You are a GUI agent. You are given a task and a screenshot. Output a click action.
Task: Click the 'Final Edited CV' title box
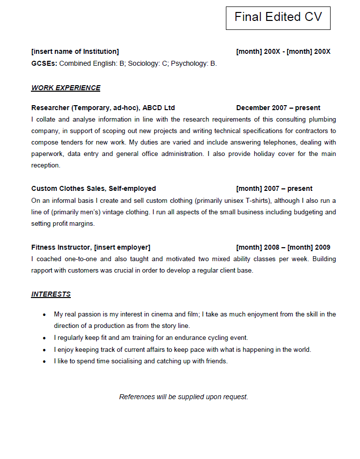pos(278,17)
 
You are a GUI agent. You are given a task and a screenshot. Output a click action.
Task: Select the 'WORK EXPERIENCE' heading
pos(66,88)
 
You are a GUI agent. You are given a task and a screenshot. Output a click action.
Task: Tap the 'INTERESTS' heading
pos(51,294)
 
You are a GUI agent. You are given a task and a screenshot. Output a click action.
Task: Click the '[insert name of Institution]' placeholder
pos(75,52)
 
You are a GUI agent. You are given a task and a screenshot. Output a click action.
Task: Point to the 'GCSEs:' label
pos(44,64)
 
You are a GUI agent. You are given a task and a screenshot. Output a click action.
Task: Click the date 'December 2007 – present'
pos(278,108)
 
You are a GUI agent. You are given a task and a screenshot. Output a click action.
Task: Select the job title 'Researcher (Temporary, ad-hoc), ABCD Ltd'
pos(103,108)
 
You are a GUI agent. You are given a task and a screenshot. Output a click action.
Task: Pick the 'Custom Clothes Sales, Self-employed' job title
pos(93,189)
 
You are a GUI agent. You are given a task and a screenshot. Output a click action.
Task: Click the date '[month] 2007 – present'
pos(274,189)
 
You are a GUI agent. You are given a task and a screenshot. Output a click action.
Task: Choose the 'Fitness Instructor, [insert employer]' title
pos(90,248)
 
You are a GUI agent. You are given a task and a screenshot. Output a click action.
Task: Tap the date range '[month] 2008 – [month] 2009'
pos(283,248)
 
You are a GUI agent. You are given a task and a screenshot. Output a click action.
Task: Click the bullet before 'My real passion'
pos(44,315)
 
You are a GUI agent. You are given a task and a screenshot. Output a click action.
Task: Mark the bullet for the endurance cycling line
pos(44,338)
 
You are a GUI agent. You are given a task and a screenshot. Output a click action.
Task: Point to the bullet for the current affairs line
pos(44,350)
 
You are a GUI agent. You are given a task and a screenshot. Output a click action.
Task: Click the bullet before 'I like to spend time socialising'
pos(44,361)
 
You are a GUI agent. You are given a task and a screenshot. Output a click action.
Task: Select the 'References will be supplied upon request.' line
pos(183,397)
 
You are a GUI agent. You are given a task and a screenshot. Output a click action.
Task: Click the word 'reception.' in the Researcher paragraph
pos(45,165)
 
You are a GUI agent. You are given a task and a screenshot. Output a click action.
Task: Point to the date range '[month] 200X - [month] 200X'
pos(283,52)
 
